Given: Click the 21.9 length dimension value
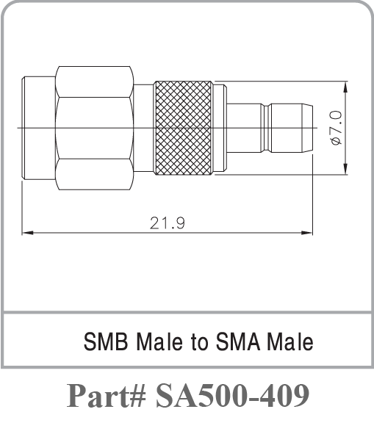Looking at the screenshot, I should click(167, 223).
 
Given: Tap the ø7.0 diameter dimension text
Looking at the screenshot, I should click(336, 128).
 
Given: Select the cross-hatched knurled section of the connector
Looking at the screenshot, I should click(184, 128).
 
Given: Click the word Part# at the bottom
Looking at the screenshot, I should click(107, 397).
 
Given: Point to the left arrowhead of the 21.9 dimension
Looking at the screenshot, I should click(27, 233).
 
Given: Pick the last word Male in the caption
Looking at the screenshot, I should click(290, 341).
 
